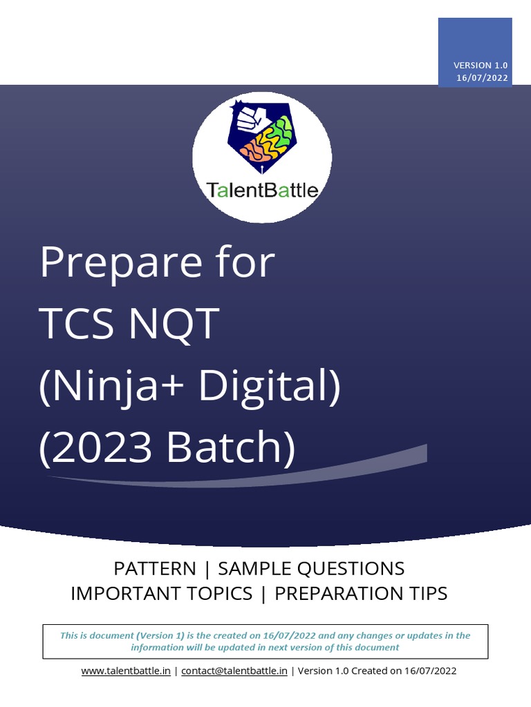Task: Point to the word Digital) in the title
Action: point(270,387)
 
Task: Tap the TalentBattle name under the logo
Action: point(263,190)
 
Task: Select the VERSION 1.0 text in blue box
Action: point(481,65)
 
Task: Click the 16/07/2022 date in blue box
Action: point(482,77)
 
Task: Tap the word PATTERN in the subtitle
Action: point(155,569)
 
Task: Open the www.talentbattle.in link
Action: point(126,670)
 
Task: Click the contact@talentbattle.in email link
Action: point(234,670)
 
